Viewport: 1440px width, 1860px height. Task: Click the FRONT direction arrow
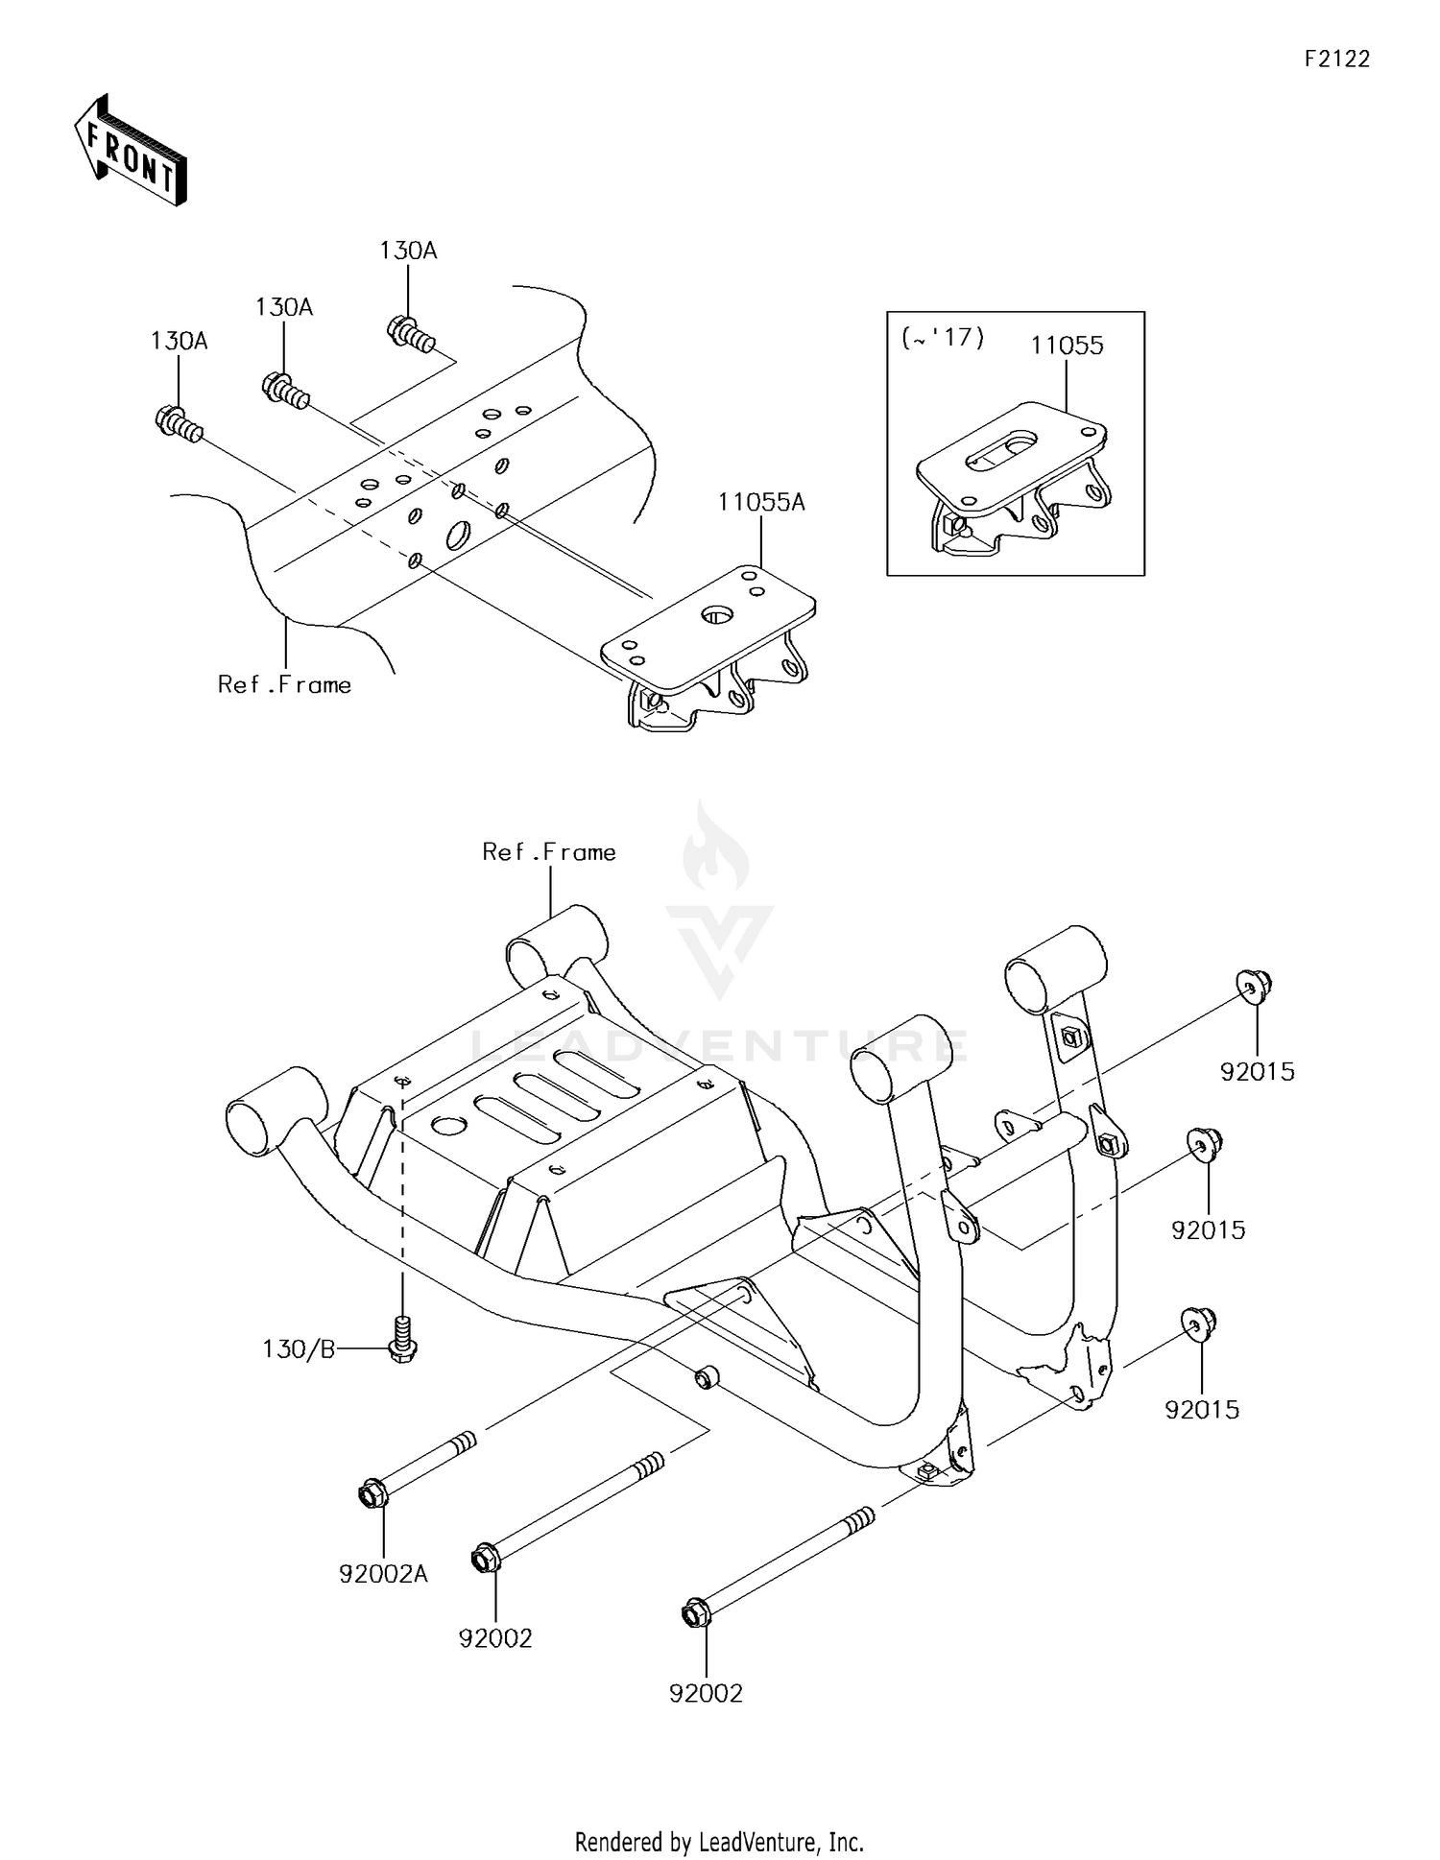click(131, 151)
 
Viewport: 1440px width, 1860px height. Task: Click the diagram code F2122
click(1336, 60)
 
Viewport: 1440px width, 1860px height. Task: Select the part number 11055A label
click(761, 502)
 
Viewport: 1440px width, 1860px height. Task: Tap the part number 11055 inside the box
click(1067, 346)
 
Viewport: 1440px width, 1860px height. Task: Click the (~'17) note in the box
click(942, 338)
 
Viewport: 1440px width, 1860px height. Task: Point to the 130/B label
click(299, 1349)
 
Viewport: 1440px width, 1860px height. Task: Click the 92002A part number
click(383, 1574)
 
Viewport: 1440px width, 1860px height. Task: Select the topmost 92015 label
click(1257, 1071)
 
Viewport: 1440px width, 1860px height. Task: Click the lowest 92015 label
click(1202, 1409)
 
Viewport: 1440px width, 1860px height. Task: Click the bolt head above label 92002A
click(372, 1494)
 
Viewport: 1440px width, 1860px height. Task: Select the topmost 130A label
click(408, 251)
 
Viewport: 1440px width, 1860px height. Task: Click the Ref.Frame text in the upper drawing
click(284, 684)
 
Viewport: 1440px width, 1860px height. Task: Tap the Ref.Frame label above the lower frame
click(549, 852)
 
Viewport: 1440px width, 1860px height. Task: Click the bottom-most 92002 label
click(706, 1693)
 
